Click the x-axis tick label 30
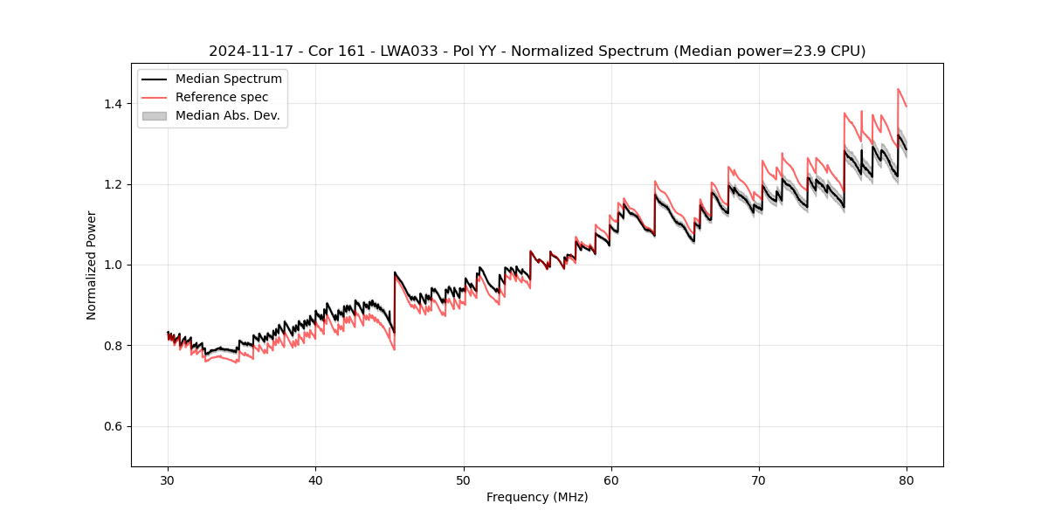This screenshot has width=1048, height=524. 168,480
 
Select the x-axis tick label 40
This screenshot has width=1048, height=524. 315,480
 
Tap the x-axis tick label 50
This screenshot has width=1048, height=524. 463,480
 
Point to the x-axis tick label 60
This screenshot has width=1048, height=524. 611,480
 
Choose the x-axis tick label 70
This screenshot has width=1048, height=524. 759,480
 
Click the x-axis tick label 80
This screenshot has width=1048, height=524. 907,480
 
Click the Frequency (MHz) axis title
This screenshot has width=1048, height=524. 537,497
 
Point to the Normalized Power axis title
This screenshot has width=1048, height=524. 92,265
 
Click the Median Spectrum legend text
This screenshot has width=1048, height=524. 228,79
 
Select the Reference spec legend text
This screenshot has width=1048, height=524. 222,97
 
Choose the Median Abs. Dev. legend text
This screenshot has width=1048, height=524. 227,115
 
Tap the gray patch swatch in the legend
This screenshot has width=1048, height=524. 155,115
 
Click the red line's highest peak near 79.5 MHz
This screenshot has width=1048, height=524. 898,89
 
